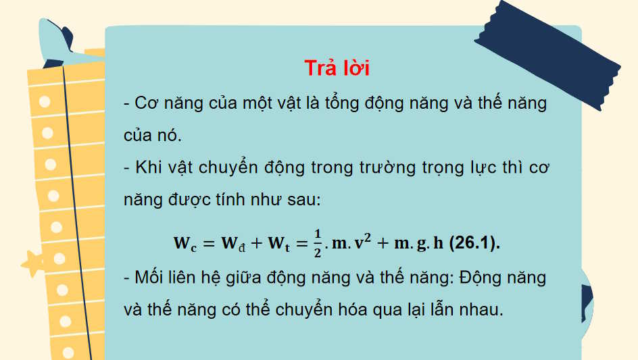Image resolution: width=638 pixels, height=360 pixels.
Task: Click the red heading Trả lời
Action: tap(337, 68)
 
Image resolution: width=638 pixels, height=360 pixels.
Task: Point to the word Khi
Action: tap(150, 167)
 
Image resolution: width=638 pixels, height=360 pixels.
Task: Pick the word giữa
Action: tap(259, 277)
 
